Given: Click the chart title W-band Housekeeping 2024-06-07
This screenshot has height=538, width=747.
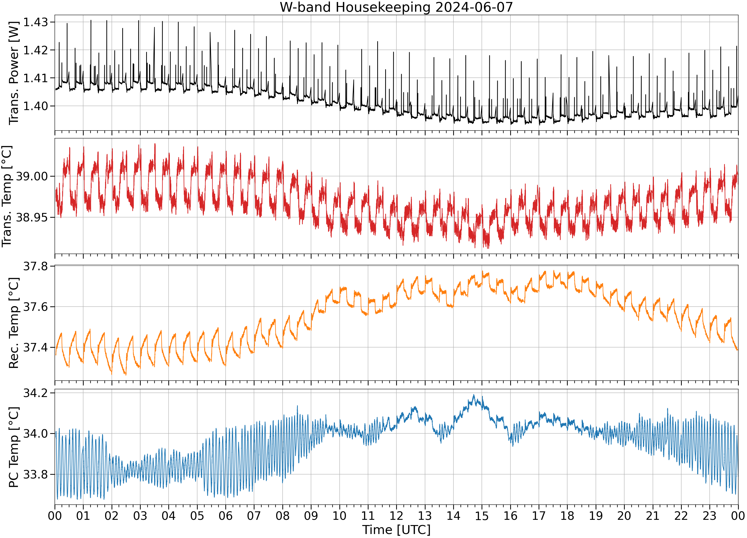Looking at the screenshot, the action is point(396,7).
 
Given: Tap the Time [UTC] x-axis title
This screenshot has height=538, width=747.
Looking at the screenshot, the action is point(396,530).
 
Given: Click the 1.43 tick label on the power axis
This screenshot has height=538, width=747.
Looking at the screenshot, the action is point(36,22).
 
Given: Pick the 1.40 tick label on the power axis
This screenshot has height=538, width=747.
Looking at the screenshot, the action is point(36,106).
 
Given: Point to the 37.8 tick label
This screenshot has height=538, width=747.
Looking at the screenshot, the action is point(36,266).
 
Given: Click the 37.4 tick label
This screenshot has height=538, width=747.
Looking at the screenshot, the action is point(36,347).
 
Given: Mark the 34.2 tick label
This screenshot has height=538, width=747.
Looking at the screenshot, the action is point(36,393).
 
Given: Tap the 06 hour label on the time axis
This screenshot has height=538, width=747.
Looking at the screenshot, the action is point(226,516).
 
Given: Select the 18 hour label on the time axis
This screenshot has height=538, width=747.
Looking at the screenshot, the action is point(567,516).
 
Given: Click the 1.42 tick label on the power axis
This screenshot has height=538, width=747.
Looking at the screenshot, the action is point(36,50).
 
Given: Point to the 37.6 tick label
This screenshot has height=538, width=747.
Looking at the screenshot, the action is point(36,307).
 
